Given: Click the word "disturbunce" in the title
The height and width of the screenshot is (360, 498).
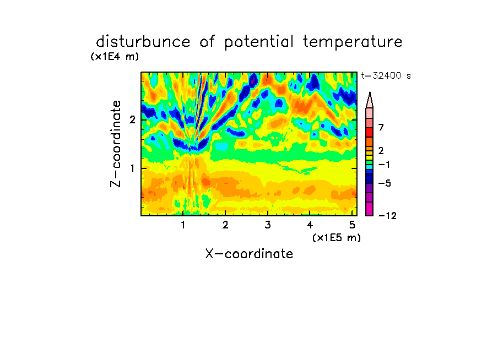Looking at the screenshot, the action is coord(143,42).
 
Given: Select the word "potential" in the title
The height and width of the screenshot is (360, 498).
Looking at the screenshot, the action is coord(259,42).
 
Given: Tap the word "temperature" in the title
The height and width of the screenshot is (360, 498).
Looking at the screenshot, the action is coord(353,42).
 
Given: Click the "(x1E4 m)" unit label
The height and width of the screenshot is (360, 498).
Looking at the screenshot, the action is coord(115,57).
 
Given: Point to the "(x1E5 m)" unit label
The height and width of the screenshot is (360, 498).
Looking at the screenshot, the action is coord(337,238).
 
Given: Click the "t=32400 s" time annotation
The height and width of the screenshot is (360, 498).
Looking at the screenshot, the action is coord(386,76).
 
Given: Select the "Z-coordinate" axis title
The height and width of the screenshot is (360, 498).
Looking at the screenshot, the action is coord(116,144).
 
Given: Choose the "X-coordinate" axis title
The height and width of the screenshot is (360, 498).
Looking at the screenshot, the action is coord(249,254).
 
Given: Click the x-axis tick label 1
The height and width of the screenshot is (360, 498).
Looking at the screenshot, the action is coord(183,225).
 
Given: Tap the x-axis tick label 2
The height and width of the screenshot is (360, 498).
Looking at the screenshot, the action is coord(225,225).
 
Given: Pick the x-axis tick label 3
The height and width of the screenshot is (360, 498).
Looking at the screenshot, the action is coord(268,225).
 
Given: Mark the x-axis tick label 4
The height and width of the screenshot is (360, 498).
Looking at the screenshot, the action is coord(310,225).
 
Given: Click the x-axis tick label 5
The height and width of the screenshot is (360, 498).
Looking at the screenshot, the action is coord(352,225).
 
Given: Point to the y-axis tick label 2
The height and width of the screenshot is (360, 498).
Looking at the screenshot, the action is coord(132,120).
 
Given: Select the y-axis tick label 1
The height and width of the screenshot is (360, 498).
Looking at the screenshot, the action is coord(132,168).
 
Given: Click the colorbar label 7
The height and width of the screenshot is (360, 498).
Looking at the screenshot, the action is coord(381,127).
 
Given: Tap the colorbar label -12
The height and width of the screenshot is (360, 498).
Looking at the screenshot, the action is coord(387,216).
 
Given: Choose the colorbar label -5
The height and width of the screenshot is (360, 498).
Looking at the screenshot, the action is coord(385,183).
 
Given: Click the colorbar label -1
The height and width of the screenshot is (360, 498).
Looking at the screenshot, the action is coord(384,165).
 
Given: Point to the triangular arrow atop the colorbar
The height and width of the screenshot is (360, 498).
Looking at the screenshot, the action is coord(370,100).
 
